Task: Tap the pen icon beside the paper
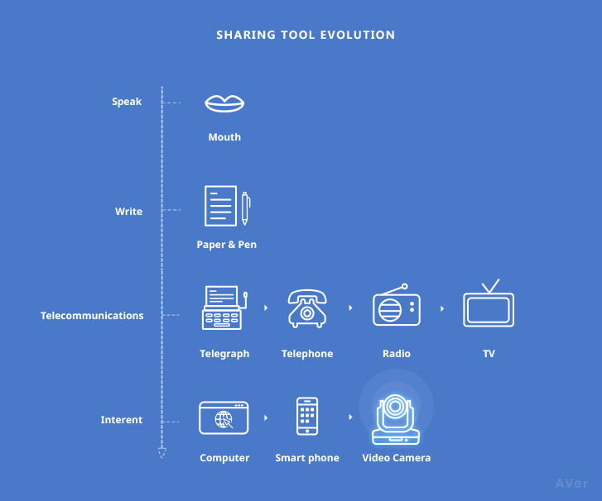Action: pos(245,208)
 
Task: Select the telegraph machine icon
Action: pos(224,308)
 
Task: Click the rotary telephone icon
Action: pos(307,308)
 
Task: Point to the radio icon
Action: pos(397,305)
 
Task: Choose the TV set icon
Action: pos(489,303)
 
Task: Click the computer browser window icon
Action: pos(224,417)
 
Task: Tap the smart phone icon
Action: pos(307,417)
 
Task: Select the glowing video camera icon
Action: pos(396,419)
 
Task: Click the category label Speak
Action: pos(127,102)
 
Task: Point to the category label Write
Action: pos(128,211)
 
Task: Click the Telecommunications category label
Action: pos(92,316)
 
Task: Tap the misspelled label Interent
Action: pos(122,420)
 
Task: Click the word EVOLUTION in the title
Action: pos(358,35)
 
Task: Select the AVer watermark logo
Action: pos(571,484)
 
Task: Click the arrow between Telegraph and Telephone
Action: pos(266,308)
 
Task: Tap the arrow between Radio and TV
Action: pos(442,308)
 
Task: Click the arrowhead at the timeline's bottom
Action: pos(162,453)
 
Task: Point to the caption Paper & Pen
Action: pos(227,245)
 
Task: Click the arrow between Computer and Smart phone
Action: pos(266,417)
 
